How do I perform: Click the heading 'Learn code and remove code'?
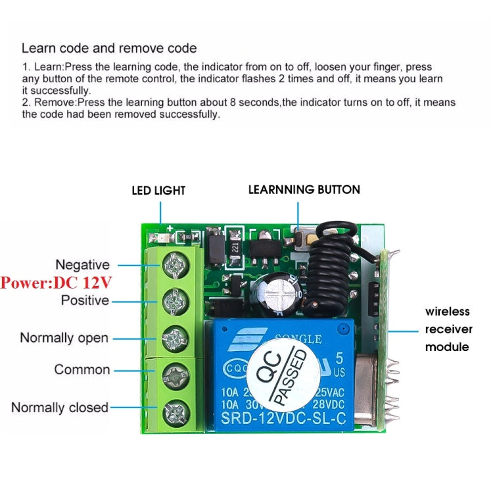[x=109, y=48]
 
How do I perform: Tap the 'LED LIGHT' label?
[x=158, y=191]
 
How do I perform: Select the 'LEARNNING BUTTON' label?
[x=304, y=189]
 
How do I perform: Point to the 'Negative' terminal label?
[x=82, y=265]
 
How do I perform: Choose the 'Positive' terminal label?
[x=85, y=300]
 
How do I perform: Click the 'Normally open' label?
[x=64, y=338]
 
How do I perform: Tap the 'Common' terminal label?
[x=82, y=369]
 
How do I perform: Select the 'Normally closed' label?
[x=60, y=408]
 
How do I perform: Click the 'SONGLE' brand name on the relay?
[x=298, y=339]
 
